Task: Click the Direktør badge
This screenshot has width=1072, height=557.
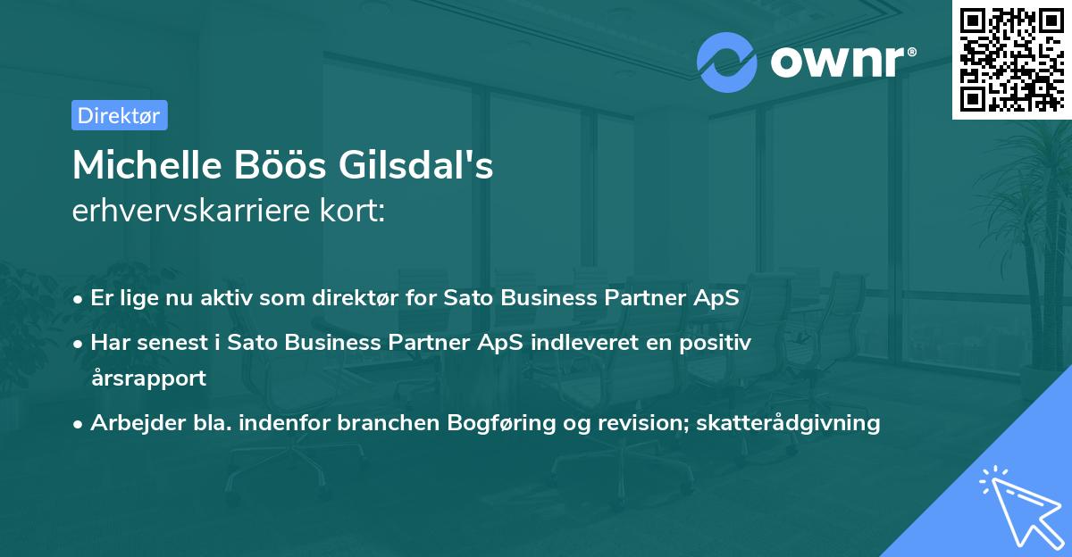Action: tap(119, 115)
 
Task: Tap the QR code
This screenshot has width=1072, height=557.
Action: tap(1011, 59)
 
